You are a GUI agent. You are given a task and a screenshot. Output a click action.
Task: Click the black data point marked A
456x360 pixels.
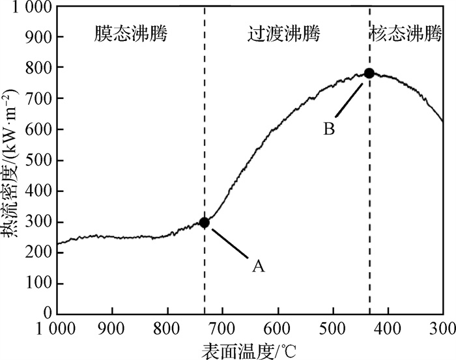(205, 223)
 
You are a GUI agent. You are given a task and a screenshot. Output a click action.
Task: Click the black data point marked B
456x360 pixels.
(369, 73)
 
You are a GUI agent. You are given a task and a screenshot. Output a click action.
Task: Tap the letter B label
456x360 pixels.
(330, 129)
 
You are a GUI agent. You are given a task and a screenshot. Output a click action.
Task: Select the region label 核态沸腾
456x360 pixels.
(405, 33)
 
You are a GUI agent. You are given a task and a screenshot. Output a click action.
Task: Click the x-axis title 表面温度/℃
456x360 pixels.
(249, 350)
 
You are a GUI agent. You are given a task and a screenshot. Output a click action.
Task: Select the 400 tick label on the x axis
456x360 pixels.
(388, 327)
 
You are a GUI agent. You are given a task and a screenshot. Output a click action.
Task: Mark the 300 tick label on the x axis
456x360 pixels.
(443, 327)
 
